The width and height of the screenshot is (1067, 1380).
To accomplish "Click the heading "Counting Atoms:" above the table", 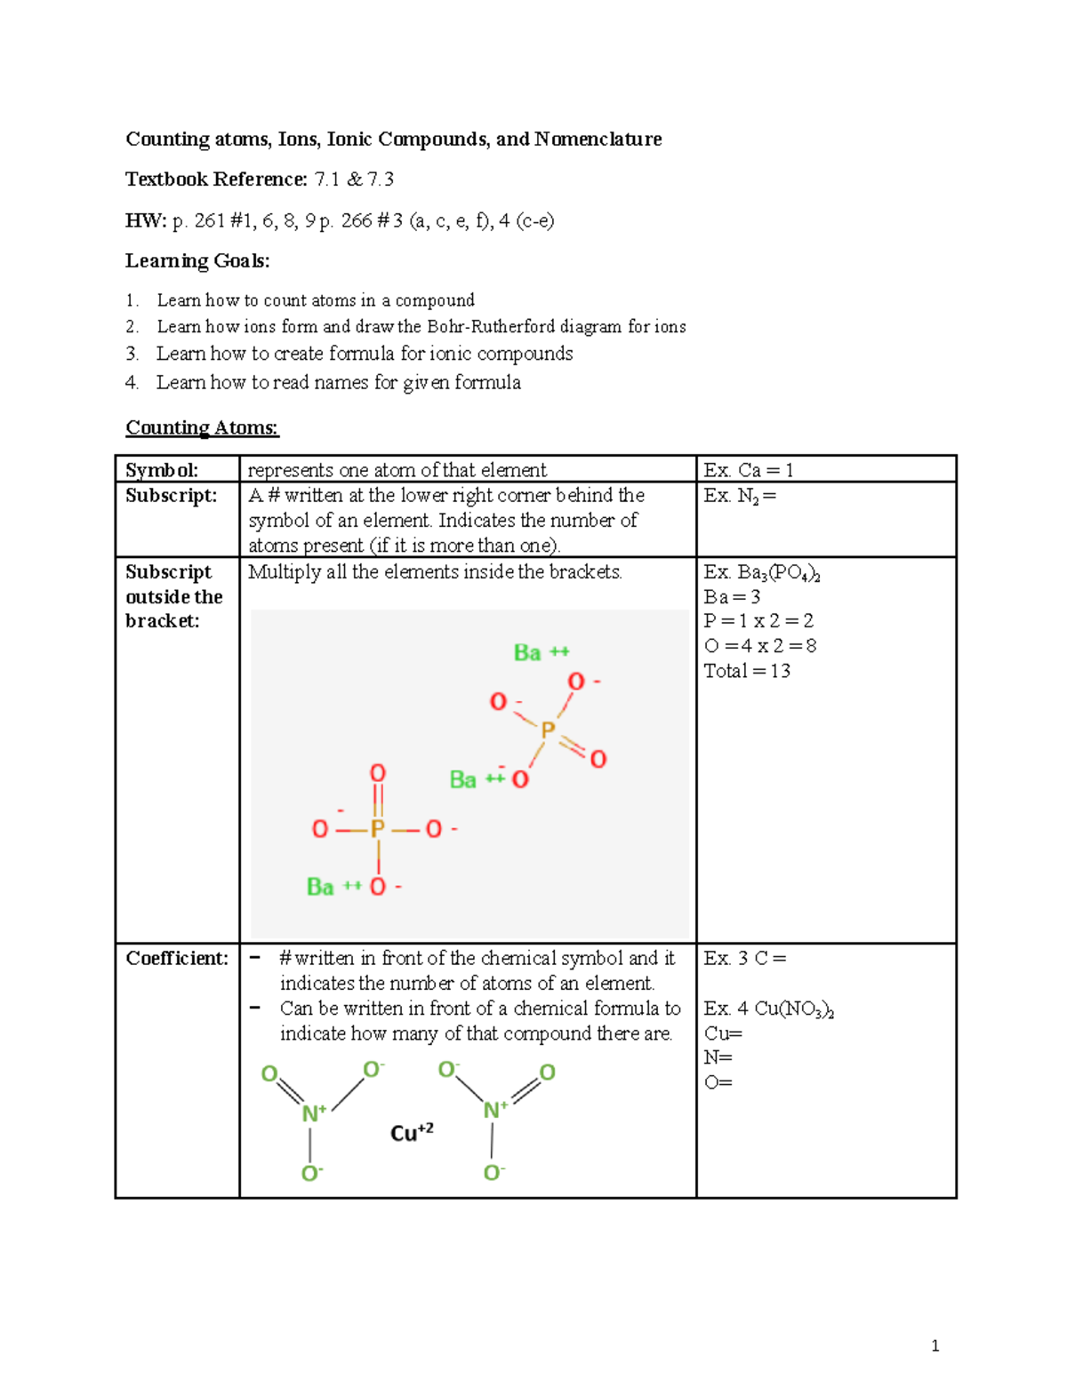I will click(202, 427).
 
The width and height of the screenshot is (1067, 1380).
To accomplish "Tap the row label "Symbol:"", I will click(162, 470).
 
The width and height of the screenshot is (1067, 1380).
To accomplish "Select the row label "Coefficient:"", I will click(177, 958).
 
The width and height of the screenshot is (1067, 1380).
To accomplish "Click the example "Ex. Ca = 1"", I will click(748, 470).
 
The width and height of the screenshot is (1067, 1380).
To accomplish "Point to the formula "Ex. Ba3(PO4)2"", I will click(761, 572).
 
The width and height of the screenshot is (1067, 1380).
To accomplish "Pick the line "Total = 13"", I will click(747, 671).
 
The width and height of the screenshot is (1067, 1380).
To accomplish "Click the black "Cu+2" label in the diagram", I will click(412, 1132).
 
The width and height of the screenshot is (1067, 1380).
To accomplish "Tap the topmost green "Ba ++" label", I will click(541, 652).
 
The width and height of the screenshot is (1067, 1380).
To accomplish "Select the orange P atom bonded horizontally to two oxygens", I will click(377, 829).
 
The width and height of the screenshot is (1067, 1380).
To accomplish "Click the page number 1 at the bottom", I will click(935, 1345).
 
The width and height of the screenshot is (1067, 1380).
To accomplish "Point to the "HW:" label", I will click(145, 220).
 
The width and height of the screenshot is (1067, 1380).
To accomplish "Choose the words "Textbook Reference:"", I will click(216, 179).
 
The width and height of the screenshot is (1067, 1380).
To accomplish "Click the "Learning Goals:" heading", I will click(197, 260).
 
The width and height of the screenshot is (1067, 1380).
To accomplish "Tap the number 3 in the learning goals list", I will click(132, 354).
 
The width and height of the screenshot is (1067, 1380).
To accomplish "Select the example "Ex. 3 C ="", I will click(745, 958).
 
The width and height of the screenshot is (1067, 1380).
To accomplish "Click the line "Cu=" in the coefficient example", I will click(723, 1033).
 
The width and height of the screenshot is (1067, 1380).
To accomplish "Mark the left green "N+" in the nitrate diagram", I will click(314, 1113).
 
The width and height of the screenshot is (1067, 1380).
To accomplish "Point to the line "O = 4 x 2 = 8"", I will click(760, 646).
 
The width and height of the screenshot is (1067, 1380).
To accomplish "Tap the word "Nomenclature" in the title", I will click(598, 139).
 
